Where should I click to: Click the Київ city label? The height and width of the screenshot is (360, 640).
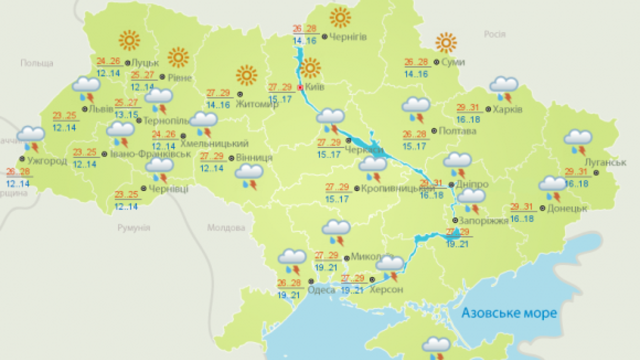click(314, 87)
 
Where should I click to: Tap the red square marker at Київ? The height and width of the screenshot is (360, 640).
click(300, 87)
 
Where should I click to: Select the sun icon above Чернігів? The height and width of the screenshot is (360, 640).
click(340, 18)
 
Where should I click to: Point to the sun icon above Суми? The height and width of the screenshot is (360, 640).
click(445, 42)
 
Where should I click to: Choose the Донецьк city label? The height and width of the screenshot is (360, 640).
click(567, 208)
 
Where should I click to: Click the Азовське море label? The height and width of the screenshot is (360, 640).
click(509, 313)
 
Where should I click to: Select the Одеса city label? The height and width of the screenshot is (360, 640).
click(321, 290)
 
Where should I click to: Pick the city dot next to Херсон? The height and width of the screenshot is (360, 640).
click(372, 279)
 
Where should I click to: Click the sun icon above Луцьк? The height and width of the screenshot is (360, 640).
click(129, 40)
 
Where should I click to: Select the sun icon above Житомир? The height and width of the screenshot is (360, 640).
click(246, 75)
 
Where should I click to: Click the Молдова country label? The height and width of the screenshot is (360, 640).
click(226, 228)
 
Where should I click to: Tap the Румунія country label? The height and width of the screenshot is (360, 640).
click(133, 228)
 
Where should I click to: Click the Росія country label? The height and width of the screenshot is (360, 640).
click(494, 34)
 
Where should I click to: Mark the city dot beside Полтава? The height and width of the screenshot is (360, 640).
click(433, 130)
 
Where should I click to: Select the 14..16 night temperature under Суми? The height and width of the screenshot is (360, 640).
click(416, 74)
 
